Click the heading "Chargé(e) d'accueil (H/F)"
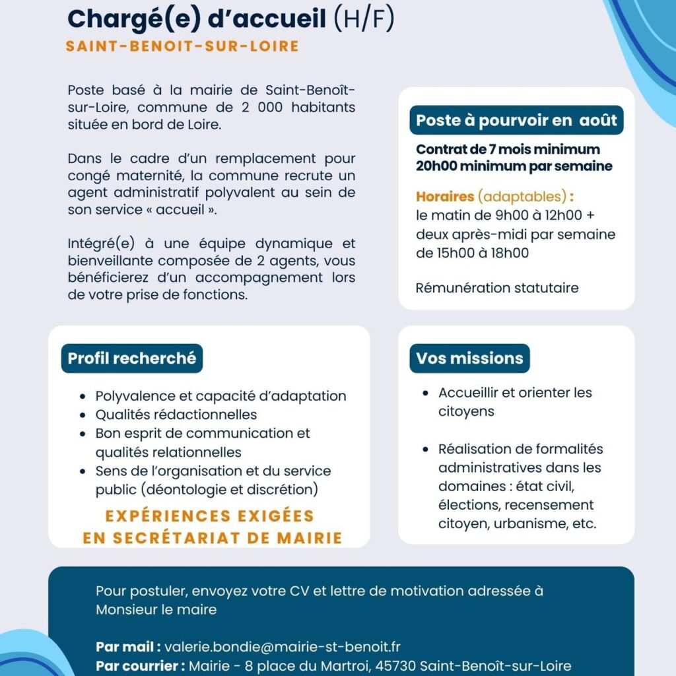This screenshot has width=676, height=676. pos(230,19)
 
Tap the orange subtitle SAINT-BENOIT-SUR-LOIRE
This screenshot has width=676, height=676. pos(182,46)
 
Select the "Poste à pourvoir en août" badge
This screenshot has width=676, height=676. pos(516,120)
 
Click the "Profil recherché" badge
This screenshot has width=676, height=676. pos(132,358)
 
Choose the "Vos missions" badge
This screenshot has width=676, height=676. pos(469,358)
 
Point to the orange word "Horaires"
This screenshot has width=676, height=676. pos(445,196)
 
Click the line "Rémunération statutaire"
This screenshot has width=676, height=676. pos(497,288)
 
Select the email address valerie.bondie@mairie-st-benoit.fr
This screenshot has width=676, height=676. pos(282,647)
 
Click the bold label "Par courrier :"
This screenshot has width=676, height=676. pos(140,666)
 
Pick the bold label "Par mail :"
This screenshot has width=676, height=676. pos(128,647)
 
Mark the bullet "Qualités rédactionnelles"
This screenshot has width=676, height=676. pos(176,415)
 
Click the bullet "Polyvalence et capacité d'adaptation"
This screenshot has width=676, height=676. pos(220,396)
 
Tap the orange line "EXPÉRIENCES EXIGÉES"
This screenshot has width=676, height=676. pos(212,516)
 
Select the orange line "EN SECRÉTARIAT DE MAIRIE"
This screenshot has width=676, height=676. pos(213,538)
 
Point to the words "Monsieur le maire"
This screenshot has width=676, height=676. pos(156,609)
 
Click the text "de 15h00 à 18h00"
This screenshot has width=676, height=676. pos(472,253)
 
